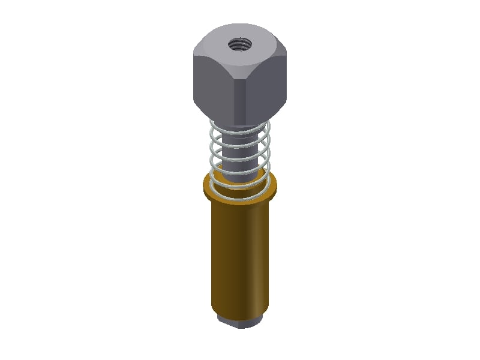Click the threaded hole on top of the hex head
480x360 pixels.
(239, 44)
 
